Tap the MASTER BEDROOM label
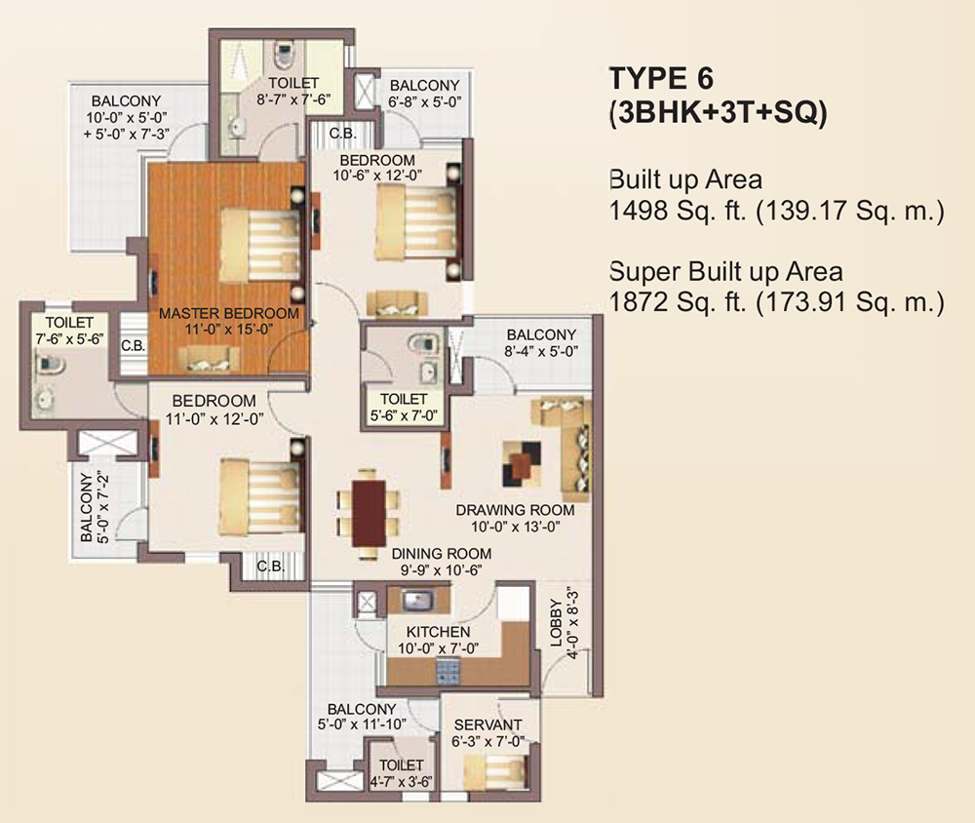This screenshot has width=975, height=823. [228, 314]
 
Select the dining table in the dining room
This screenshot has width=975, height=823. [370, 513]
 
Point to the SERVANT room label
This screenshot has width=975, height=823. [488, 725]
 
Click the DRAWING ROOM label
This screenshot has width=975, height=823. [515, 510]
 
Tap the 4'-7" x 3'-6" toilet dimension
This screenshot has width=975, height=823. [402, 781]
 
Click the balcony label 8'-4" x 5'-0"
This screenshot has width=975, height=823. [541, 351]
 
